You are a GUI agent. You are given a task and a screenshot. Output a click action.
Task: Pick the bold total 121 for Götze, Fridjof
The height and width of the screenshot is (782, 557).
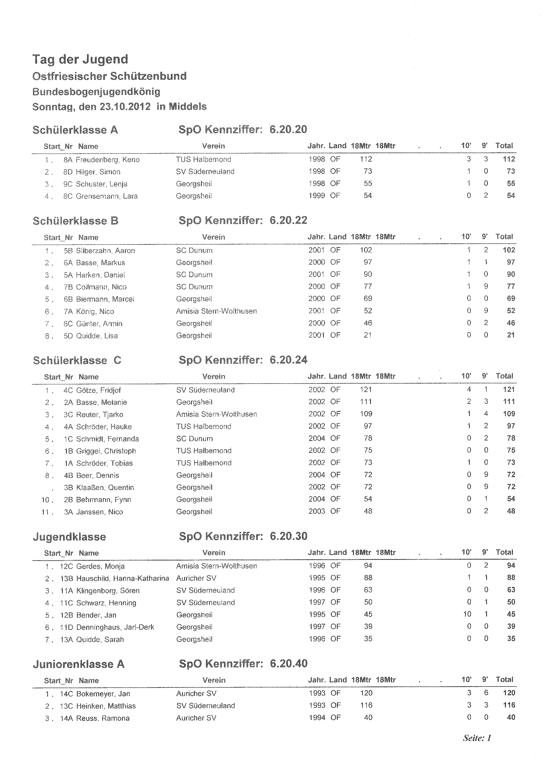tap(509, 389)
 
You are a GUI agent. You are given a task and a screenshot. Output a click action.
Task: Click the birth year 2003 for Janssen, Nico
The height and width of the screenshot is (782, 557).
tap(317, 511)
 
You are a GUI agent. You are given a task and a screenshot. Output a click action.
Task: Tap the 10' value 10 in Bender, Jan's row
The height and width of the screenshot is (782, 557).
tap(467, 614)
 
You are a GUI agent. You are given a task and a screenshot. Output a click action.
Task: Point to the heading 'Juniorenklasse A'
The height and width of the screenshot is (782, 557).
tap(79, 664)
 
